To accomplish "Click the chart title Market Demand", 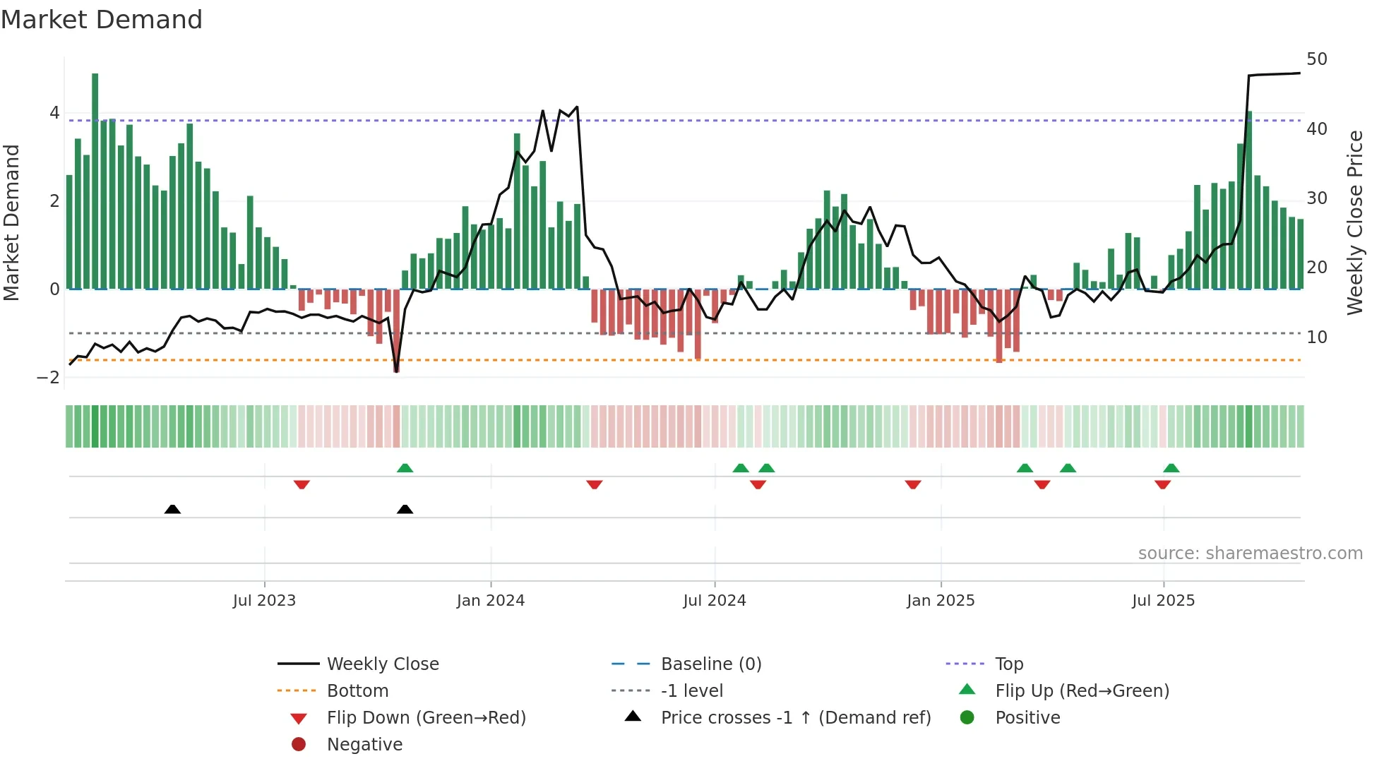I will pyautogui.click(x=102, y=20).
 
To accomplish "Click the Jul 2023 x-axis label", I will pyautogui.click(x=264, y=601).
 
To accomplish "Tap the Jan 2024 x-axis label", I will pyautogui.click(x=491, y=601).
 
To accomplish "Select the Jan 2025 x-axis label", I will pyautogui.click(x=941, y=601).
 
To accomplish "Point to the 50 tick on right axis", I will pyautogui.click(x=1316, y=59).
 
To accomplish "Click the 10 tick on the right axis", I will pyautogui.click(x=1316, y=337).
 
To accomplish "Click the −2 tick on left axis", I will pyautogui.click(x=49, y=378).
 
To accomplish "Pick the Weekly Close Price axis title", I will pyautogui.click(x=1354, y=222).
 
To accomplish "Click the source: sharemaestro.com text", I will pyautogui.click(x=1250, y=553).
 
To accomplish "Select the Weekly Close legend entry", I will pyautogui.click(x=382, y=664).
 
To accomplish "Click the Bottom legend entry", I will pyautogui.click(x=357, y=691).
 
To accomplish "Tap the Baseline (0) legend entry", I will pyautogui.click(x=710, y=664).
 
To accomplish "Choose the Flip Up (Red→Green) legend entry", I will pyautogui.click(x=1082, y=691).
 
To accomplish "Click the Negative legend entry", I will pyautogui.click(x=364, y=745).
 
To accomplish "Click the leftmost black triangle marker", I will pyautogui.click(x=172, y=509).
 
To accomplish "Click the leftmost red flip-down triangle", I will pyautogui.click(x=302, y=485).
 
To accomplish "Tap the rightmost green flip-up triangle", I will pyautogui.click(x=1171, y=468).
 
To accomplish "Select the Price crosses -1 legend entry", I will pyautogui.click(x=795, y=718).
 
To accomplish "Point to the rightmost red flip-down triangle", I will pyautogui.click(x=1162, y=485).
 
